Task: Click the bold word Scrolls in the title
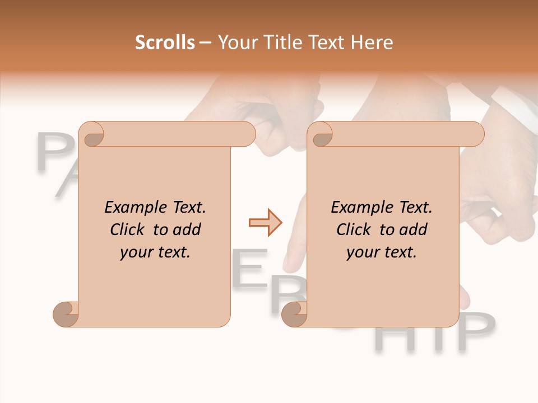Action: (x=165, y=43)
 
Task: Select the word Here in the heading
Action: (x=373, y=43)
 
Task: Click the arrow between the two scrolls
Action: (x=265, y=223)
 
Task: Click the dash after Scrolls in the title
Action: (x=206, y=43)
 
